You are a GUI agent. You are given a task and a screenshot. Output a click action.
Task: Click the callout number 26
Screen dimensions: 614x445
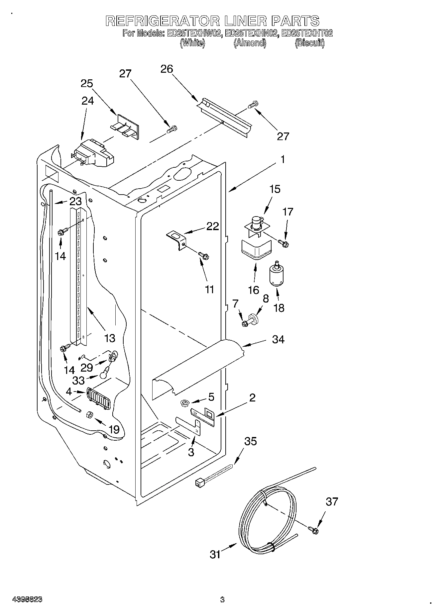click(167, 69)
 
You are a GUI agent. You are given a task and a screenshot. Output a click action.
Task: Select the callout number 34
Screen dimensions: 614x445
click(278, 339)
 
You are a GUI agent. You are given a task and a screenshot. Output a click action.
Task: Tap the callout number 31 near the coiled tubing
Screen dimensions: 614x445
click(215, 554)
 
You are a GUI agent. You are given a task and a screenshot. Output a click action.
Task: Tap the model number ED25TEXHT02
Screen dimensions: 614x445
click(307, 33)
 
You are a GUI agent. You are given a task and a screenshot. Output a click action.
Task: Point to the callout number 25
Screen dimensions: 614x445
click(87, 83)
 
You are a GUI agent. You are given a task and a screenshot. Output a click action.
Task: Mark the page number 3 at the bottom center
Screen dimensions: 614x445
click(222, 599)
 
